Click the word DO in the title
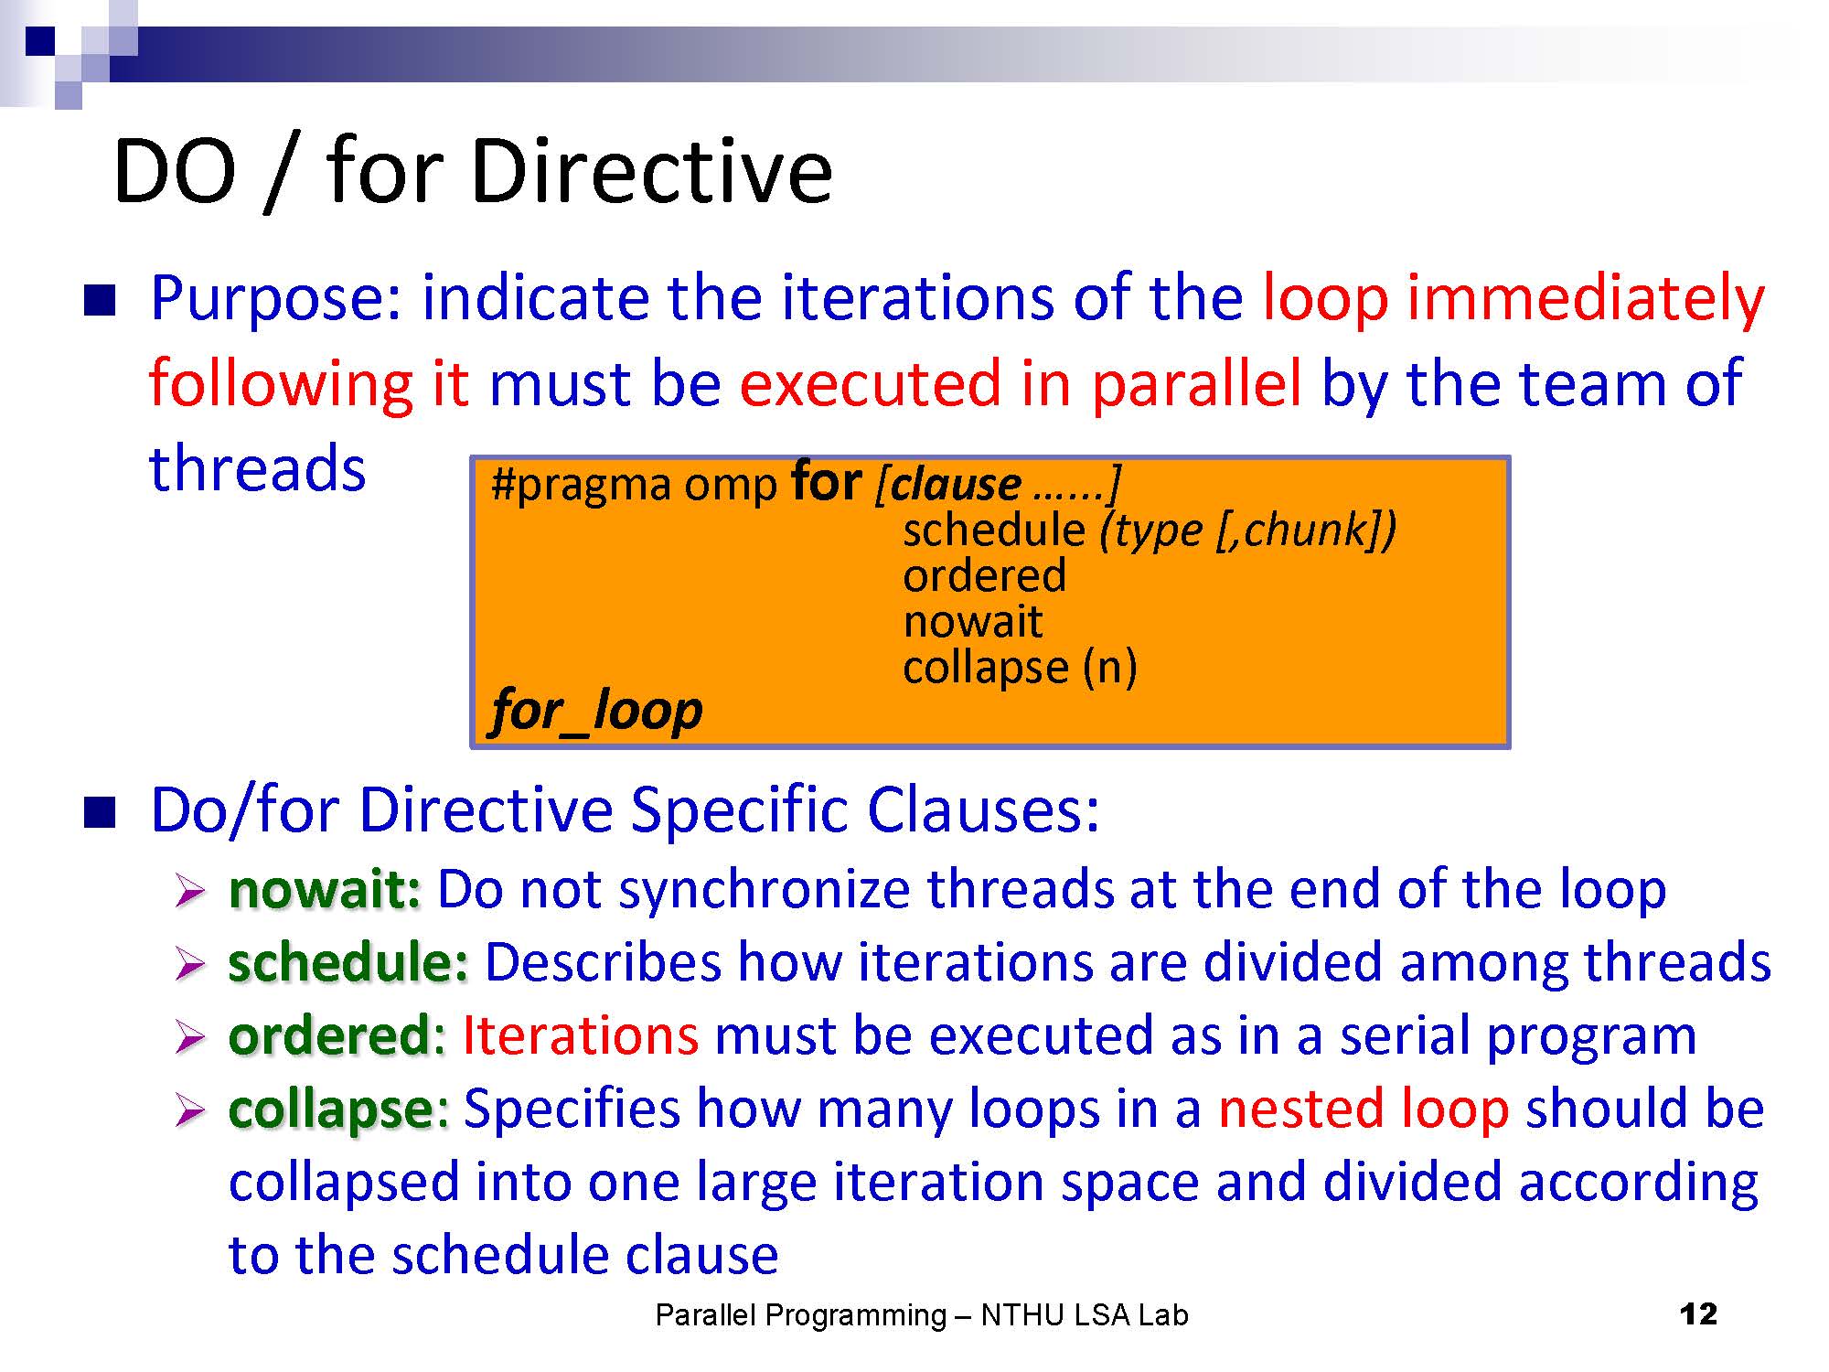pyautogui.click(x=175, y=172)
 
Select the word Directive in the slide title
pyautogui.click(x=651, y=171)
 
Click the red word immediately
pyautogui.click(x=1585, y=299)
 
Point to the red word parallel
pyautogui.click(x=1197, y=384)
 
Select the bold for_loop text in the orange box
pyautogui.click(x=597, y=711)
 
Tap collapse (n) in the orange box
pyautogui.click(x=1020, y=668)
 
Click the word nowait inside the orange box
pyautogui.click(x=972, y=622)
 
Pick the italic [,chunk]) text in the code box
pyautogui.click(x=1306, y=531)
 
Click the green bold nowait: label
pyautogui.click(x=325, y=890)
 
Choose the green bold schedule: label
pyautogui.click(x=348, y=962)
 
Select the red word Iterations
pyautogui.click(x=581, y=1036)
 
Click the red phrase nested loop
pyautogui.click(x=1363, y=1109)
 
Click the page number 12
pyautogui.click(x=1698, y=1314)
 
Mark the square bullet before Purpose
pyautogui.click(x=100, y=301)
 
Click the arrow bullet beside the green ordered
pyautogui.click(x=189, y=1037)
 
